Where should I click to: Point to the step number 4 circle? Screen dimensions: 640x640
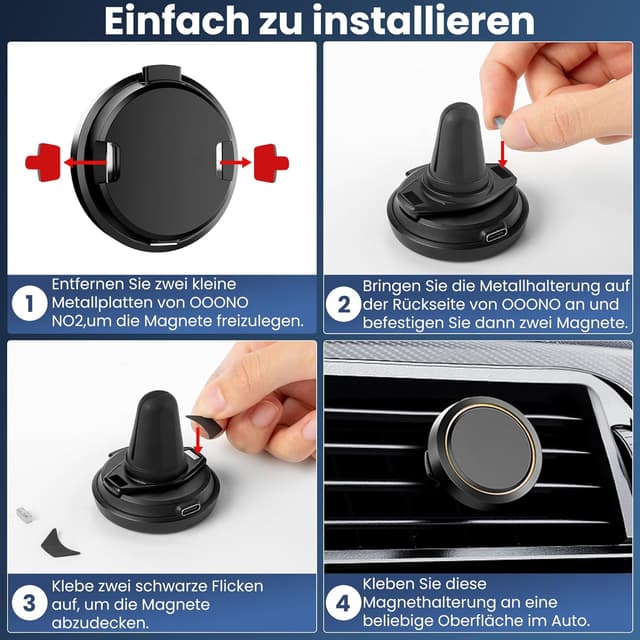343,602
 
